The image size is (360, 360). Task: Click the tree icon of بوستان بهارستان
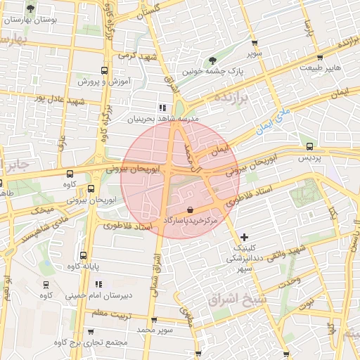[x=30, y=9]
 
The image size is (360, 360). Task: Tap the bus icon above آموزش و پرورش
[x=105, y=70]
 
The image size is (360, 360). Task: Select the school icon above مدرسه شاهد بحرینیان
[x=162, y=108]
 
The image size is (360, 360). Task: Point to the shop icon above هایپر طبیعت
[x=320, y=58]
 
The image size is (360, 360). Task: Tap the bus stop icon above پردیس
[x=310, y=146]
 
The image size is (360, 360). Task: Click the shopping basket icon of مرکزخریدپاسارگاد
[x=191, y=210]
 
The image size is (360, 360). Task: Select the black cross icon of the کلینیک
[x=244, y=238]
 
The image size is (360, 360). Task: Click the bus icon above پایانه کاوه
[x=84, y=256]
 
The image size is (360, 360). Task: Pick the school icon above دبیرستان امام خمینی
[x=98, y=284]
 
